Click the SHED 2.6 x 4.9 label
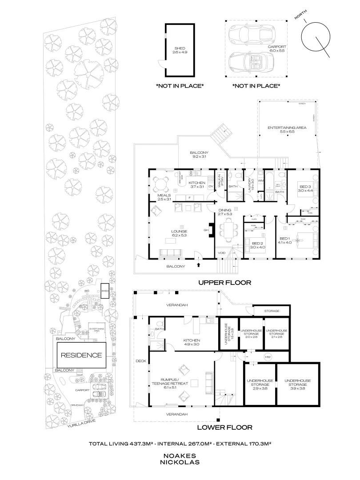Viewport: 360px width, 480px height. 179,50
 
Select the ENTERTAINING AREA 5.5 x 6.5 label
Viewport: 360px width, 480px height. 287,130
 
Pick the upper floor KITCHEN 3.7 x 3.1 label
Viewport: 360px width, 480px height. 196,185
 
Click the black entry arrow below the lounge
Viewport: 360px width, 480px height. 199,266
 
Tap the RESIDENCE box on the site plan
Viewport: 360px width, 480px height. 81,355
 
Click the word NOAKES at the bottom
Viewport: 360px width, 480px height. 180,456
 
